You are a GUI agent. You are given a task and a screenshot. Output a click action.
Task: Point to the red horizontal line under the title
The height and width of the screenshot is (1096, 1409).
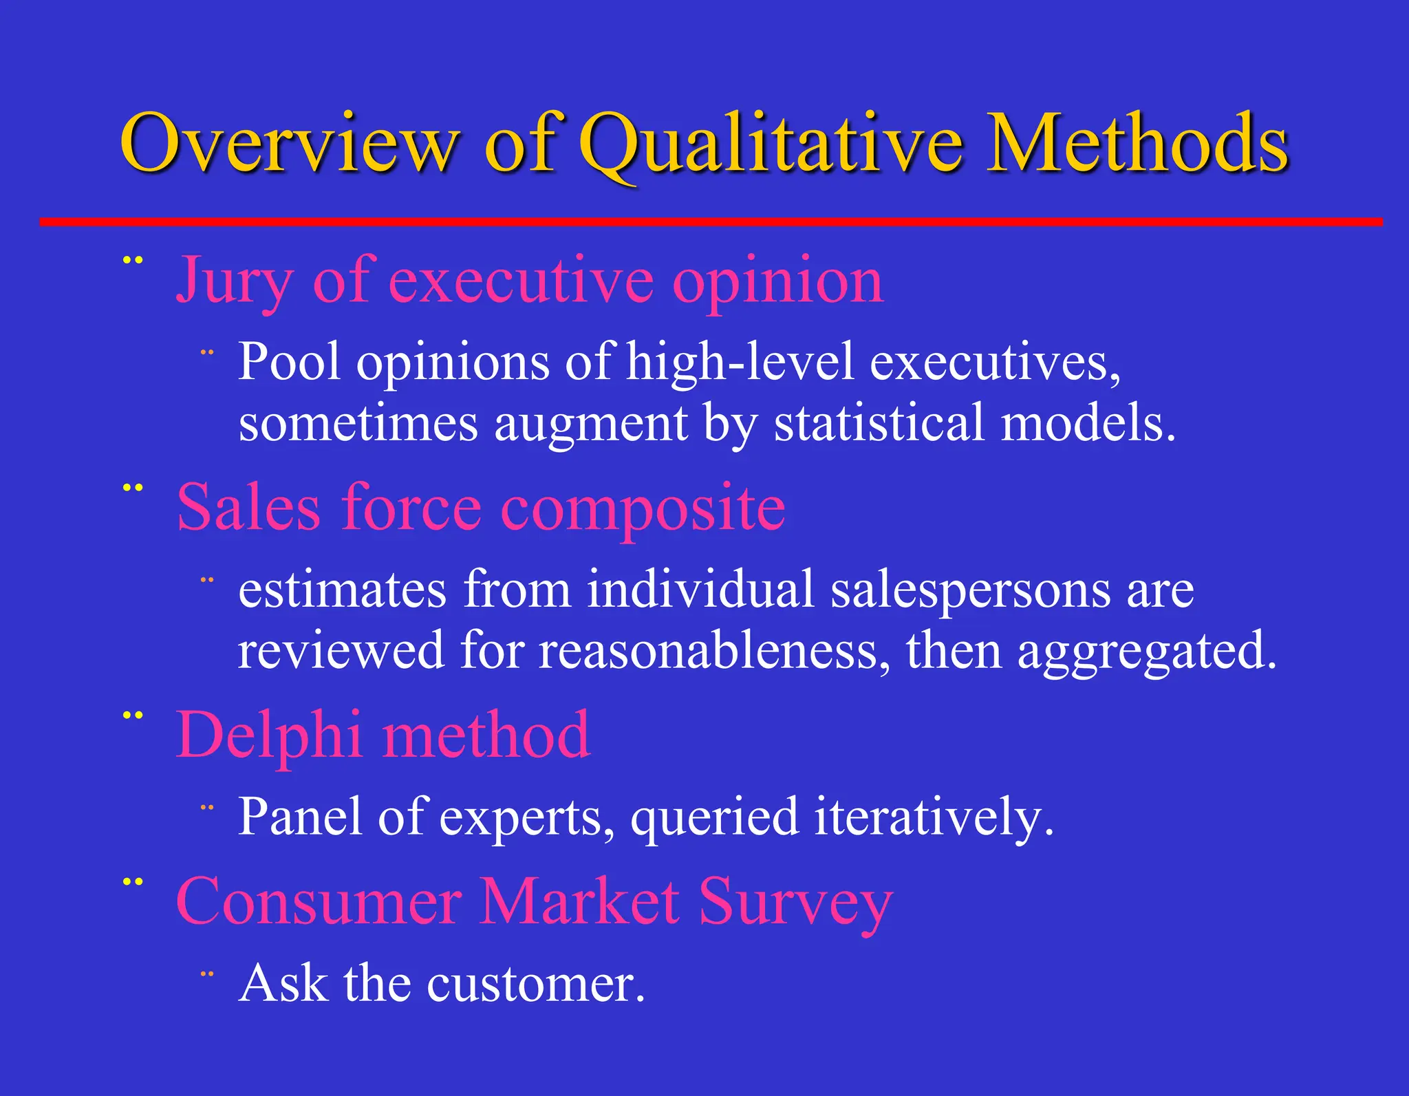(x=709, y=222)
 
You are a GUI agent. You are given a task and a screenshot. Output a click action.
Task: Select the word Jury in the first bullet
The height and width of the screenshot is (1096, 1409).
(x=234, y=282)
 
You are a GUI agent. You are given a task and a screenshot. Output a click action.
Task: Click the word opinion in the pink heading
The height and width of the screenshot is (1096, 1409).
(x=777, y=282)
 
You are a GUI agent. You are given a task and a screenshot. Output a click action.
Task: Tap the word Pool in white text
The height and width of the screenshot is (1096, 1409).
(x=289, y=362)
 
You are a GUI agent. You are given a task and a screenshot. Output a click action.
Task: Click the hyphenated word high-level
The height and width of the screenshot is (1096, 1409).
(x=740, y=362)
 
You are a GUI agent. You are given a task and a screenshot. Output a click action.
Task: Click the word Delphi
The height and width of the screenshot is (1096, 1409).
(x=268, y=735)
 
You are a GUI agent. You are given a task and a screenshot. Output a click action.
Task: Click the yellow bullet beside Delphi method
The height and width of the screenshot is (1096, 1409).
(x=132, y=716)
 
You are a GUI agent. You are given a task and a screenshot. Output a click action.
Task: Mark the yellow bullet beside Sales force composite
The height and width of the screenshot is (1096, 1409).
(x=132, y=488)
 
